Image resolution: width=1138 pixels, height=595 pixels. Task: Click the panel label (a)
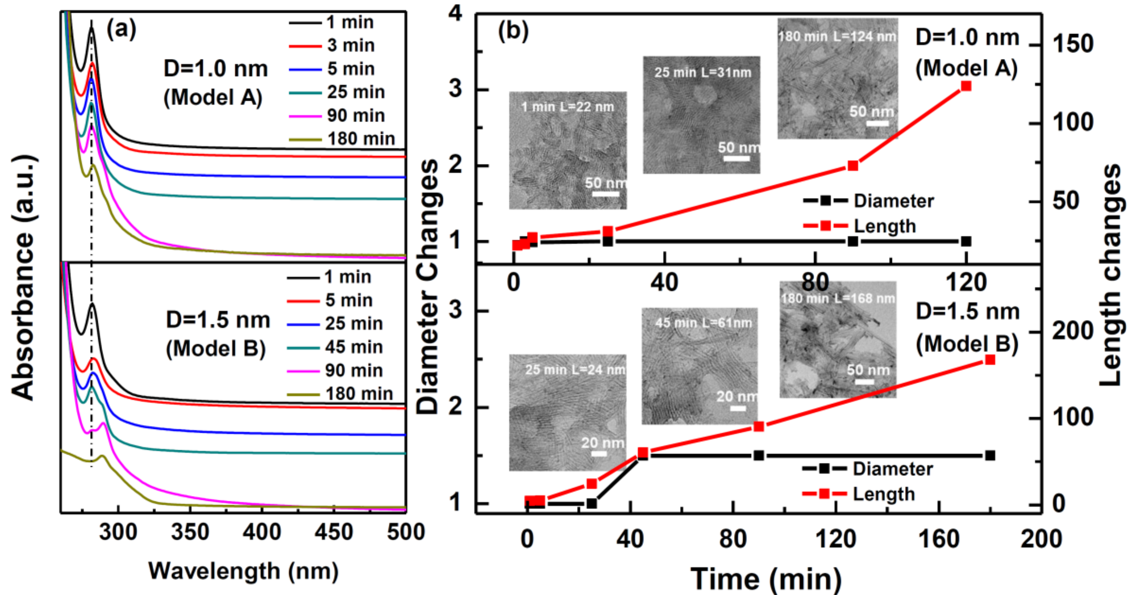coord(122,30)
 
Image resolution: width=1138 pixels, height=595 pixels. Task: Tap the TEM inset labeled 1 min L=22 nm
coord(568,150)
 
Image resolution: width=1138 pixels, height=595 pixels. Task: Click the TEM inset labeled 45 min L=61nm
coord(699,366)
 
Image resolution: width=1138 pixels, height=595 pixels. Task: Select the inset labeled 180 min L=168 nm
coord(838,339)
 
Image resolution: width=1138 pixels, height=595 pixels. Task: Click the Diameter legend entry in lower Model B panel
coord(892,469)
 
